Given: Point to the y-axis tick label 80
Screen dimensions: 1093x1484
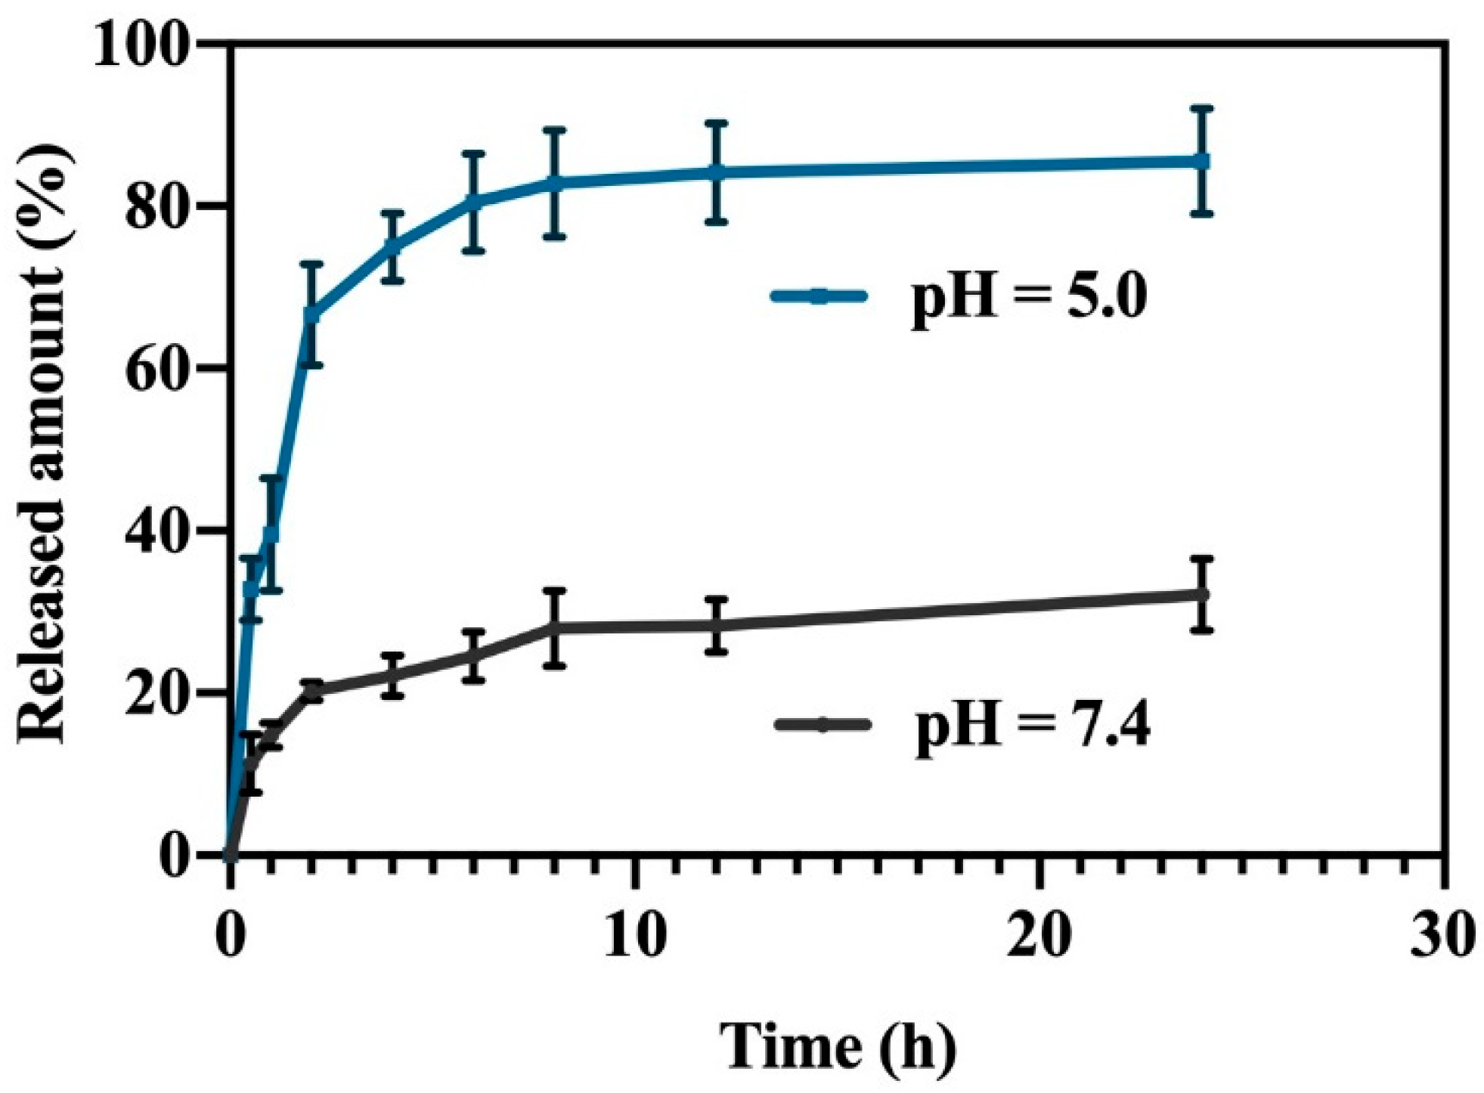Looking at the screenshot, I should point(156,206).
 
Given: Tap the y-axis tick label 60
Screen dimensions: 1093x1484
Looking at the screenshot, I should point(156,368).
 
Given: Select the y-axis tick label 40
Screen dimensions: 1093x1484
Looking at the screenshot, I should point(156,530).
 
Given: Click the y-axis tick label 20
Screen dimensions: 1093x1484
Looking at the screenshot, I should point(156,692).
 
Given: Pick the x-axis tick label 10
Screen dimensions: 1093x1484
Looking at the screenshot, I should point(636,935).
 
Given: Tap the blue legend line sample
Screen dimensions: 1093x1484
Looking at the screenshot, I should point(819,296).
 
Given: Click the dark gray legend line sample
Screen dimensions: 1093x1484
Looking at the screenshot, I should point(823,725).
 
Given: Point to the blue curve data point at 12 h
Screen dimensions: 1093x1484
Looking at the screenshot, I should point(716,172).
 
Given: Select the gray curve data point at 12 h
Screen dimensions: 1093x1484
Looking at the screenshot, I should point(716,625).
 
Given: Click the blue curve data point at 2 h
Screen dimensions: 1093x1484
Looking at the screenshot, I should point(311,314).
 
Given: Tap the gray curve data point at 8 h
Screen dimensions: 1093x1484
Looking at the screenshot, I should point(555,627).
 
